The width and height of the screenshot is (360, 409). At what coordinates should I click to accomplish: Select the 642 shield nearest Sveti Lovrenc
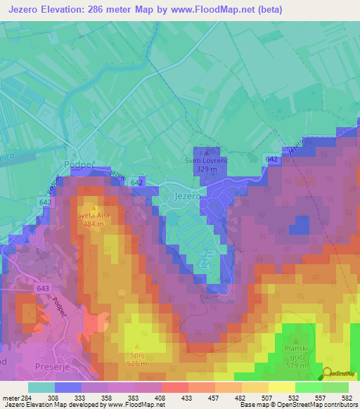click(x=270, y=160)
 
